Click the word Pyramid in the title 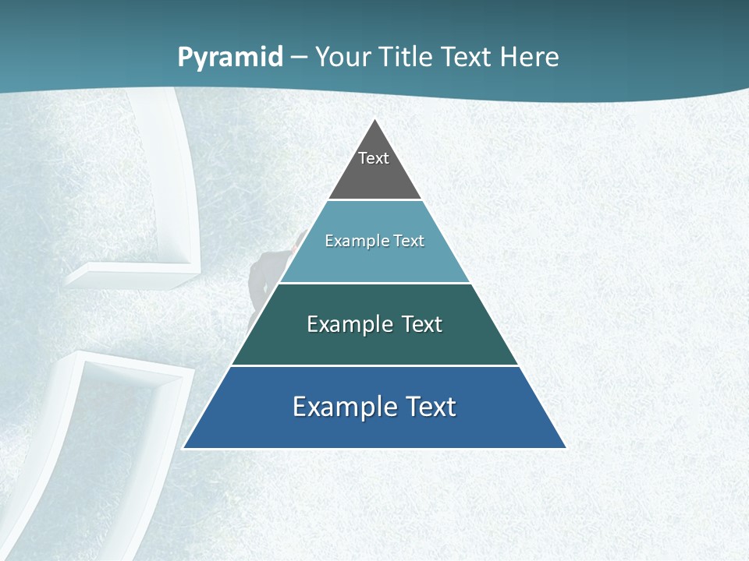point(230,58)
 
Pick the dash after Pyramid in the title point(299,58)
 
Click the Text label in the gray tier point(374,158)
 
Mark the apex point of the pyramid point(375,119)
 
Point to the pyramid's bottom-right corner point(566,448)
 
